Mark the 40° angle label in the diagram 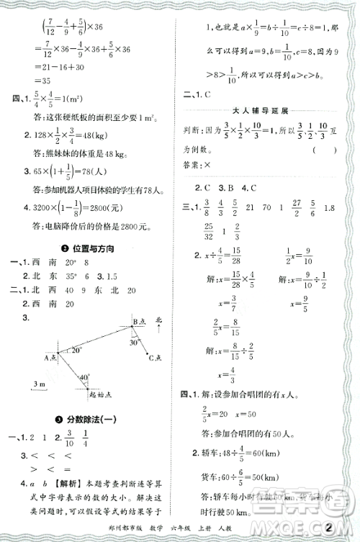tap(85, 376)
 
